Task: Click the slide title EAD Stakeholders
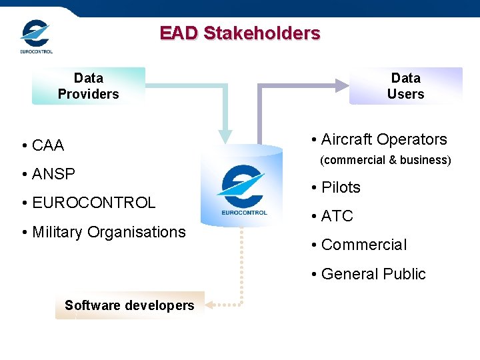240,33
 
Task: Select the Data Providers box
88,86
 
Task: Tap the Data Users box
405,86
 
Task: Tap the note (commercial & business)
385,160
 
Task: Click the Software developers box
129,305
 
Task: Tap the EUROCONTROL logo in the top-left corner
36,36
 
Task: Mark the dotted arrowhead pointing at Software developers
209,305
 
